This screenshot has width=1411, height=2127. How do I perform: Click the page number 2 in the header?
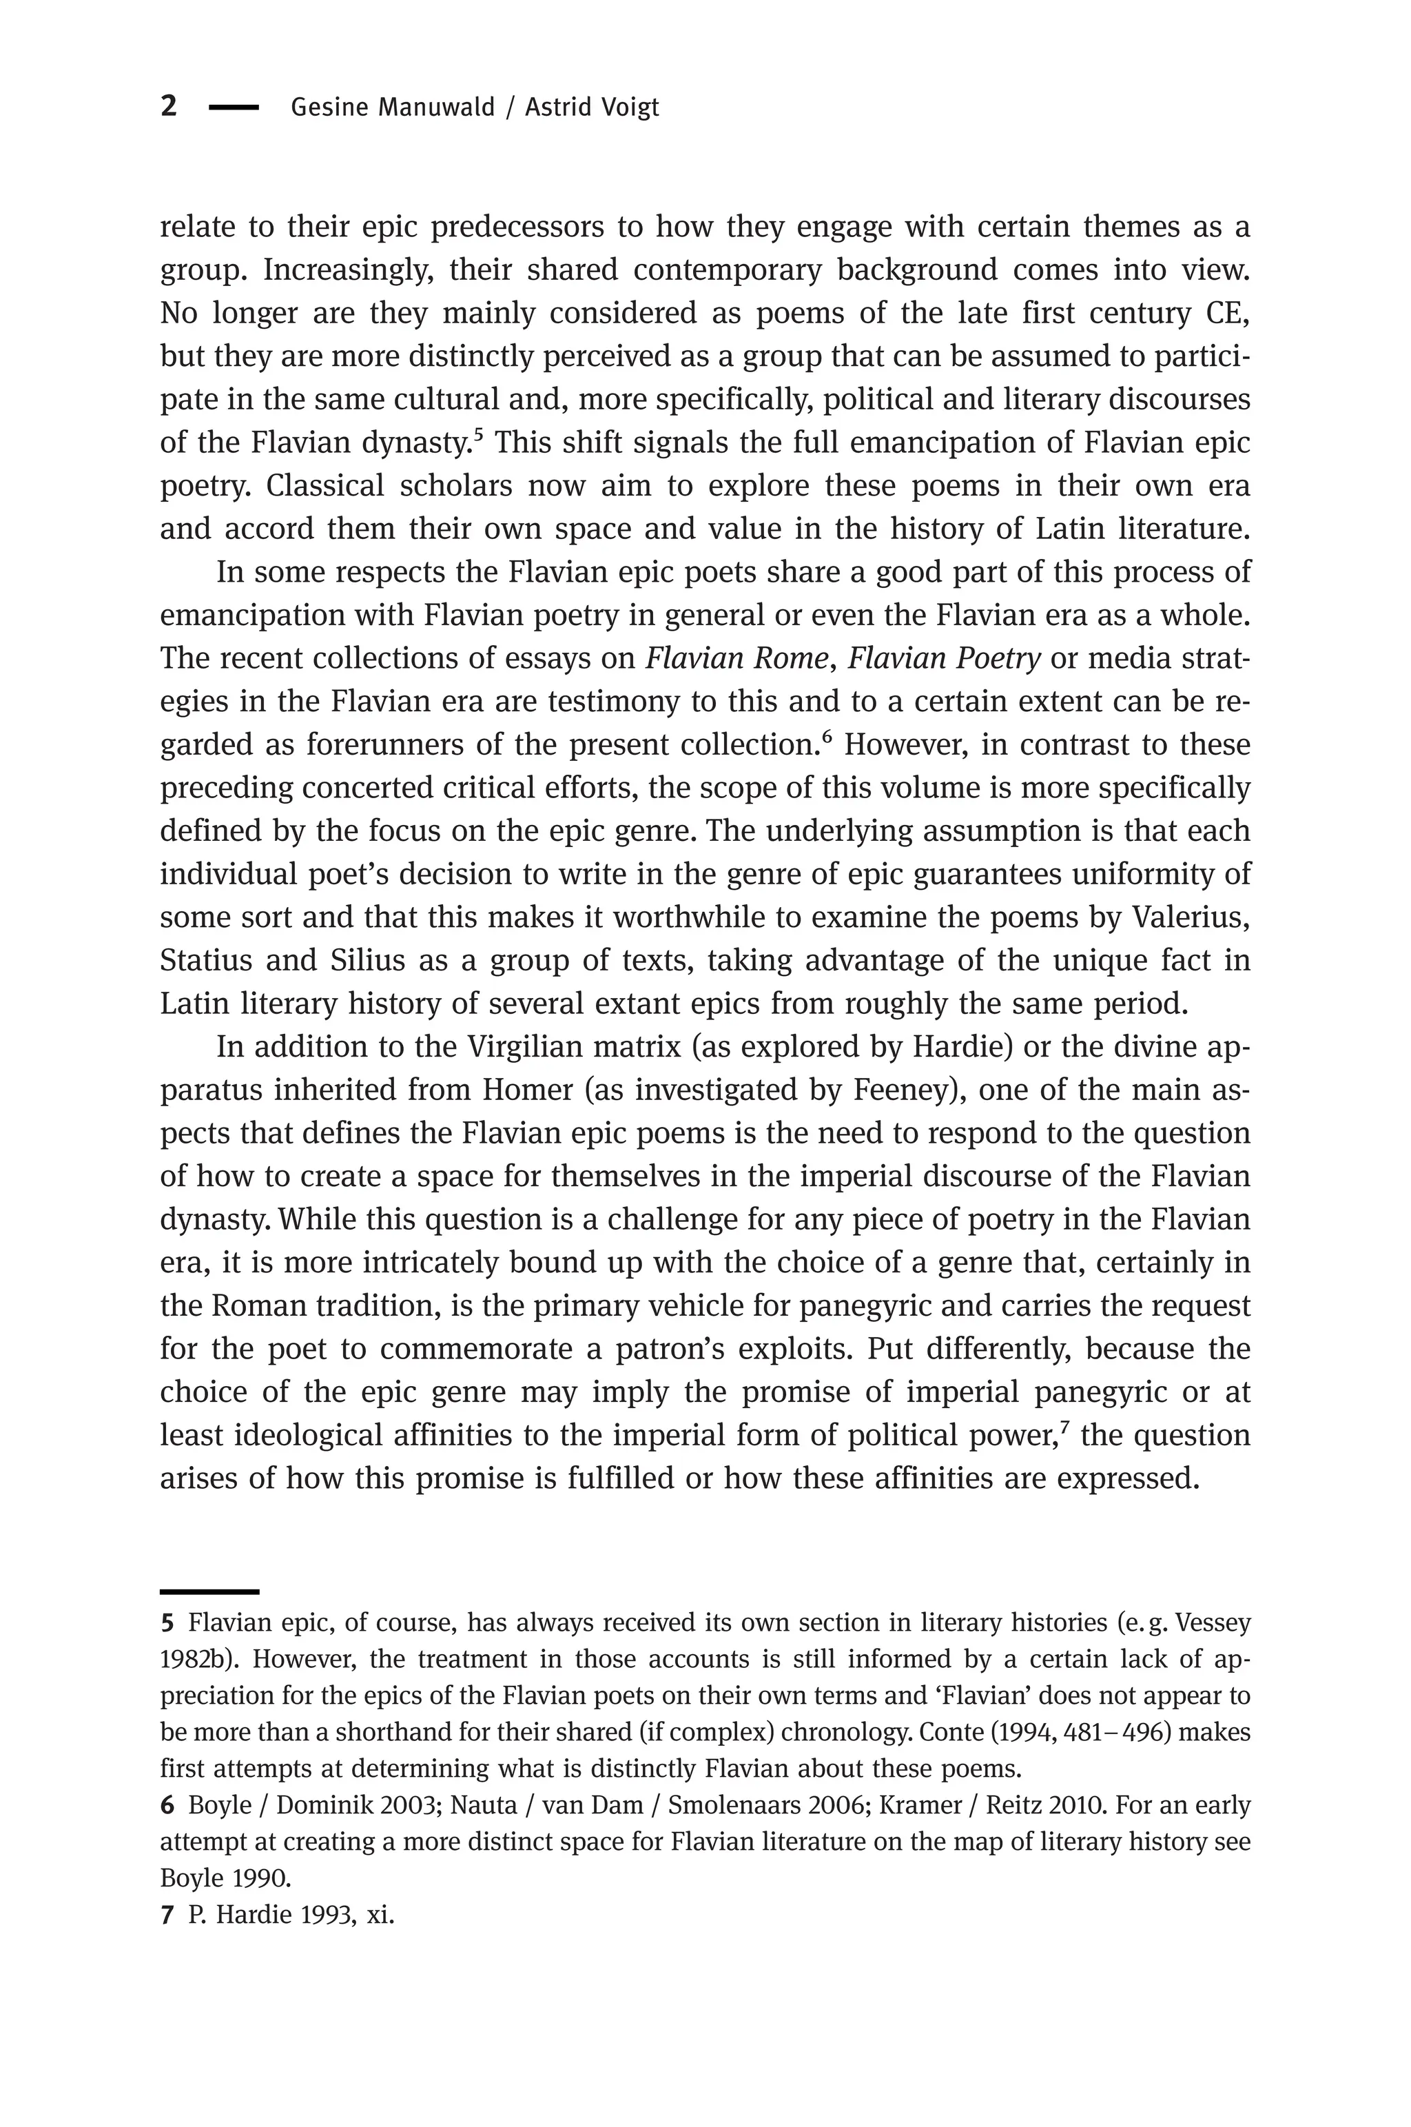point(168,106)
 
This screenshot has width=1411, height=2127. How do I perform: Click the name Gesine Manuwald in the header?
point(392,108)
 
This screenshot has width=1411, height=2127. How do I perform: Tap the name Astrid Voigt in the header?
point(592,108)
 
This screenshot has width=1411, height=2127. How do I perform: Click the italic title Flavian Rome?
point(736,659)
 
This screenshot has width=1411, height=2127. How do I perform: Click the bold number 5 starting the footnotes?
point(167,1624)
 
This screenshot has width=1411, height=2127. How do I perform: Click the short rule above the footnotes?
point(209,1591)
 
